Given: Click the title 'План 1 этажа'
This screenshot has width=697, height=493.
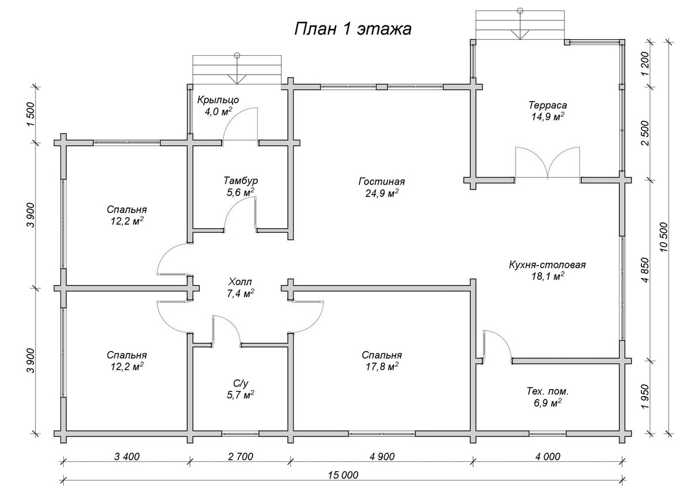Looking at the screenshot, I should pos(353,29).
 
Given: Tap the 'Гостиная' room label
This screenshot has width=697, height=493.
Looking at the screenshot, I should pos(378,182).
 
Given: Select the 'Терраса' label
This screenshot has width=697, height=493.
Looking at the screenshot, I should pos(548,105).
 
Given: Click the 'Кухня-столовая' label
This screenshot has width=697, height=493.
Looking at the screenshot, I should pos(547,265).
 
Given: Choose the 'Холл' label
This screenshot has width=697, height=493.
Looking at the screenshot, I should pos(239,282).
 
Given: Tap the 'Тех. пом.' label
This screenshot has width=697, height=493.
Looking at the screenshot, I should pos(548,391).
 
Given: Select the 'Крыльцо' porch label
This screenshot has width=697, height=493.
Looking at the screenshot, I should pos(218,99).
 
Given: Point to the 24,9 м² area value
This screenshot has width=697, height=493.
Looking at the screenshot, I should pos(381,193).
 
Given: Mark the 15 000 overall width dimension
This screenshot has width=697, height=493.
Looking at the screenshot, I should pos(344,475).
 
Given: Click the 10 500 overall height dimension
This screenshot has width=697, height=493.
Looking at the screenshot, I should pos(664,237).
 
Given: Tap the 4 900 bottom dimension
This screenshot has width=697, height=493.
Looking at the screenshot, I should pos(381,457).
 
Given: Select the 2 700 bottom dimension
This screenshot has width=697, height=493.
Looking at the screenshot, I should pos(240,457).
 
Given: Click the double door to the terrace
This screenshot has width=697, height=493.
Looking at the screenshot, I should pos(548,164).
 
